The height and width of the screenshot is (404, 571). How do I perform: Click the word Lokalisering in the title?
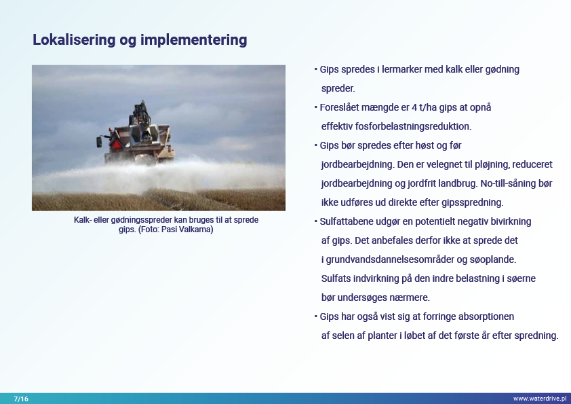pos(74,40)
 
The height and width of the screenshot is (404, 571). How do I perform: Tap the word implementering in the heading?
pos(194,40)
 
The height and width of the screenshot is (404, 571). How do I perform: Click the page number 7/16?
pos(21,399)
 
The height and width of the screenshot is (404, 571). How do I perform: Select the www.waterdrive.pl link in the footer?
pos(540,399)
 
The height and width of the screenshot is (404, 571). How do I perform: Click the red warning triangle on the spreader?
pos(117,145)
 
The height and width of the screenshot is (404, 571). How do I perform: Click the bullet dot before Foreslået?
pos(316,107)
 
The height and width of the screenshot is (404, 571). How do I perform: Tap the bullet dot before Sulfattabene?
pos(316,221)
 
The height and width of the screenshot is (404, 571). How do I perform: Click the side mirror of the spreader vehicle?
pos(99,141)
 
